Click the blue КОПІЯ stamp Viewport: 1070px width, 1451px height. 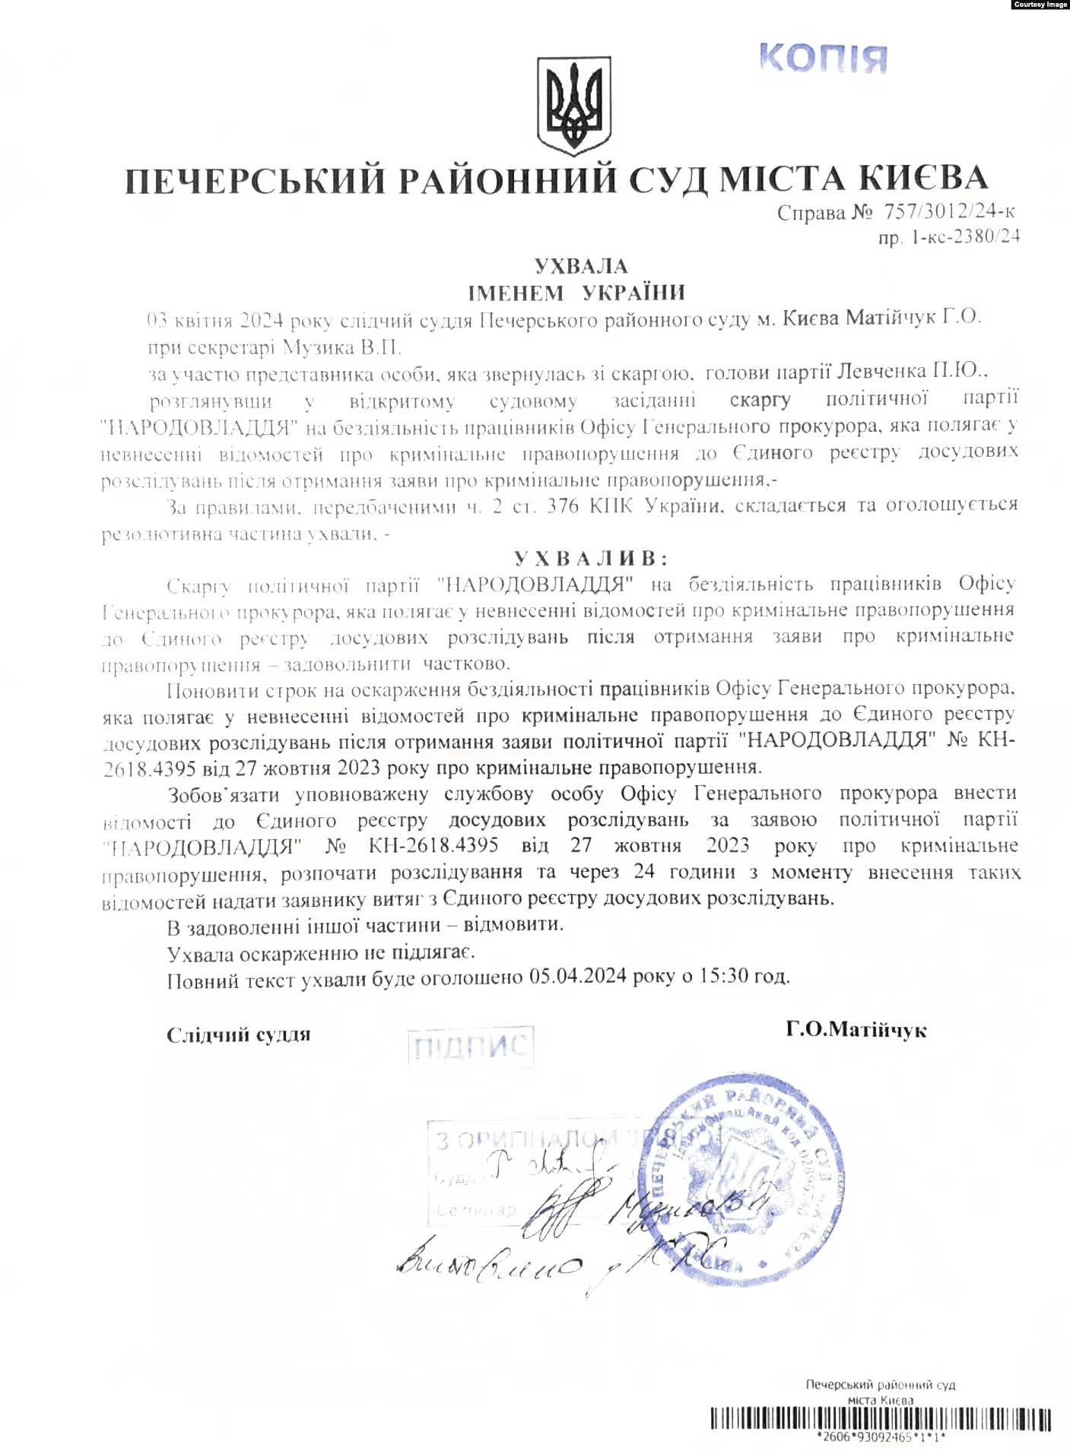(823, 58)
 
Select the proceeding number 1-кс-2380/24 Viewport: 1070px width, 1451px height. (965, 237)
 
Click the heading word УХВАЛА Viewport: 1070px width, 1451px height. (581, 266)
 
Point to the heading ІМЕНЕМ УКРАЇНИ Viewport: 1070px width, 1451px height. (576, 293)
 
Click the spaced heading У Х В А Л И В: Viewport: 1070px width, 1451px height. (591, 559)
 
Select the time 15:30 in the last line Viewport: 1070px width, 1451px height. (724, 976)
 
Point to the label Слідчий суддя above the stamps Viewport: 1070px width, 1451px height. (238, 1034)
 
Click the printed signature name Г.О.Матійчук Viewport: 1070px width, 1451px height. (856, 1030)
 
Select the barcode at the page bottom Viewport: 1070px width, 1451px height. (881, 1419)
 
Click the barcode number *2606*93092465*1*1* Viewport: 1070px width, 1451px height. (880, 1437)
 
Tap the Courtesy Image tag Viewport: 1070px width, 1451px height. (1040, 5)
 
